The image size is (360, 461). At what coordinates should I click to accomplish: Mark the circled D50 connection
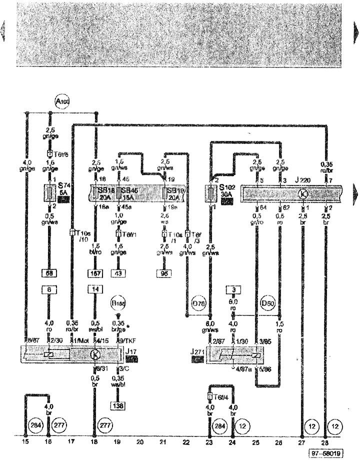pyautogui.click(x=266, y=303)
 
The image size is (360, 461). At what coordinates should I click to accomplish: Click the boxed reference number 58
pyautogui.click(x=48, y=273)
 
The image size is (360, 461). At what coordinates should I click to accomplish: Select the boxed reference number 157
pyautogui.click(x=94, y=273)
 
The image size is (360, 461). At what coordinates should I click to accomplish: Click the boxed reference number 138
pyautogui.click(x=118, y=405)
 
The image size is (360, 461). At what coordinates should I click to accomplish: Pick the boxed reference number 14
pyautogui.click(x=94, y=289)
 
